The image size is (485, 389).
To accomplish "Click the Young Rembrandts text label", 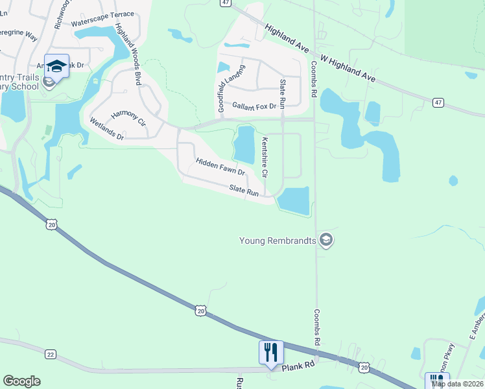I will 278,241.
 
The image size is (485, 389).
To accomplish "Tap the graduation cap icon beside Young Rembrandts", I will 326,241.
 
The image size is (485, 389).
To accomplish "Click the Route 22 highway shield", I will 51,354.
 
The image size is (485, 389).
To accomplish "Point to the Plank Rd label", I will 298,366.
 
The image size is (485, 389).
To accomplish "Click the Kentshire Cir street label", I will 265,158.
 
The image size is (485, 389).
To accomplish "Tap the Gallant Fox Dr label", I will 254,106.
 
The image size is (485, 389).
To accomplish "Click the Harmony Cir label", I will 128,118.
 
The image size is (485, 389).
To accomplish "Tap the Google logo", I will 21,381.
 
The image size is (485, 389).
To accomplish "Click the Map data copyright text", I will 457,384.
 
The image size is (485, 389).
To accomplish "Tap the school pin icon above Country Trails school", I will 56,67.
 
